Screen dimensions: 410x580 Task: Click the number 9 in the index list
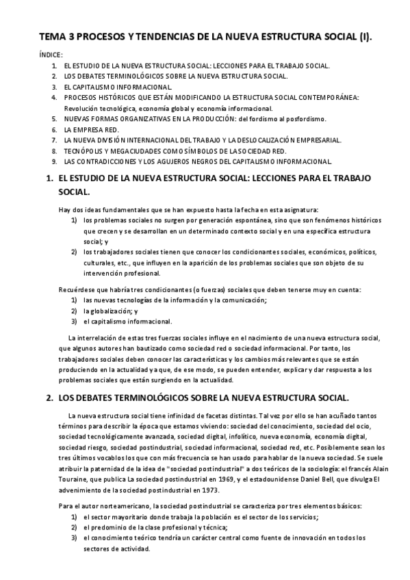(53, 161)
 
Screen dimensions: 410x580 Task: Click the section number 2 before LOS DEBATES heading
(48, 397)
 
